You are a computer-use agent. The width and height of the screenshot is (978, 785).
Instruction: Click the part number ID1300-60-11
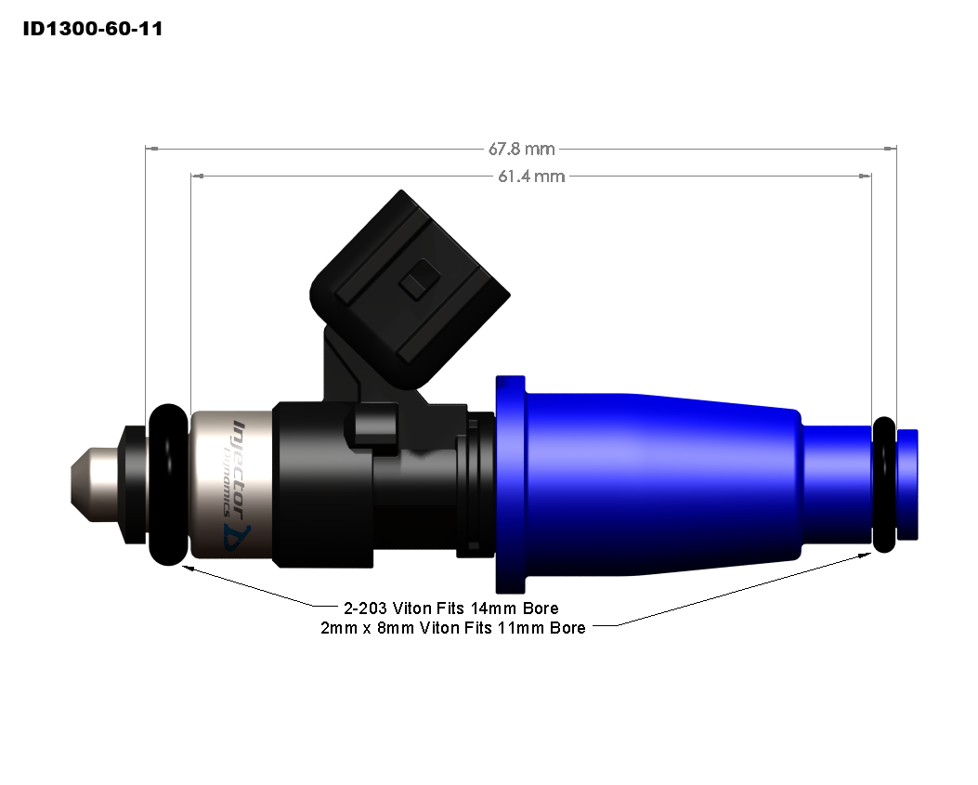point(93,29)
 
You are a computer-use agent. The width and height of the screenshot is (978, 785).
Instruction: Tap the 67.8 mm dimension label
point(521,149)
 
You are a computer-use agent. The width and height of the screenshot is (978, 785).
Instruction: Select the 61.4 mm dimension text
point(530,176)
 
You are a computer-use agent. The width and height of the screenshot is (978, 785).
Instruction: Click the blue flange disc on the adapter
point(512,484)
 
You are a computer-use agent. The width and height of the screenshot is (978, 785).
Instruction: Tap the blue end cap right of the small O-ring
point(907,484)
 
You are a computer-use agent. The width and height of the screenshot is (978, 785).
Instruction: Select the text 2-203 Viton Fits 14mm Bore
point(450,609)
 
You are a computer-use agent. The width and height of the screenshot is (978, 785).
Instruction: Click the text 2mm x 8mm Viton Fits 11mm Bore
point(452,628)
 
